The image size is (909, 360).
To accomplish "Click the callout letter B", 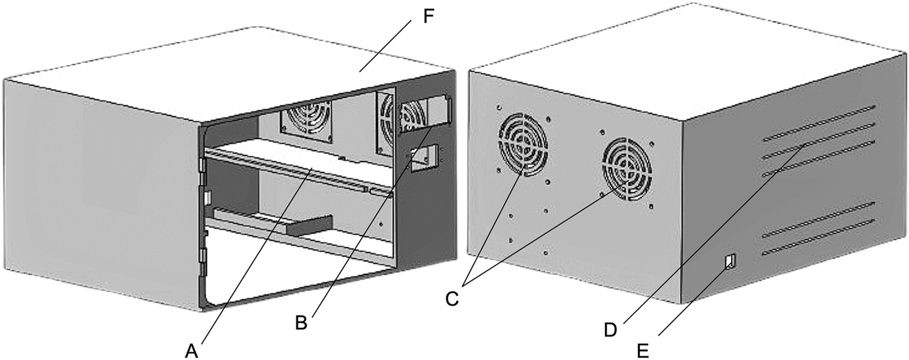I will tap(300, 322).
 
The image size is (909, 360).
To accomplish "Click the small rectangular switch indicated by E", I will tap(730, 261).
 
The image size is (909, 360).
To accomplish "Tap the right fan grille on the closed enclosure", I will tap(624, 168).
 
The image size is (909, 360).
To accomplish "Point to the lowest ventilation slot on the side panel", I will tap(819, 238).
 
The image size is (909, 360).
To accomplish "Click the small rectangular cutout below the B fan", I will tap(420, 159).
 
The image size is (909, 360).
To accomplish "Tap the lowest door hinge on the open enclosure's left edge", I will tap(203, 258).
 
